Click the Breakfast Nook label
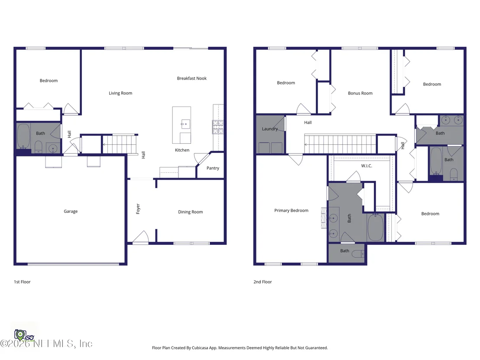191,78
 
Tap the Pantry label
213,168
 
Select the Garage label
71,211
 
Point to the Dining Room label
191,212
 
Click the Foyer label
138,209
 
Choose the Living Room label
120,93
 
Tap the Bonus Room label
360,93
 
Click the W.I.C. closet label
366,166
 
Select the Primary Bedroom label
292,210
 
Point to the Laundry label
270,129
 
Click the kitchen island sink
186,124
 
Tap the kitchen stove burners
218,127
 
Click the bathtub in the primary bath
376,227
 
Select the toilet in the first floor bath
38,147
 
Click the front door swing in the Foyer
141,237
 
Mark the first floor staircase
120,144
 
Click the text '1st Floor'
22,282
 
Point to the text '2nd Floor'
263,282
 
